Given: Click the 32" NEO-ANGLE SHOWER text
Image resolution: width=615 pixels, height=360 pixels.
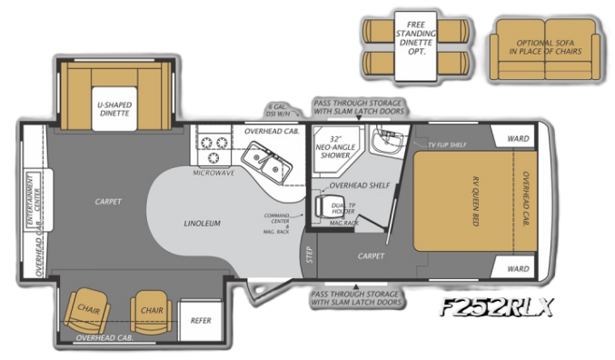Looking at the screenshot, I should (x=331, y=148).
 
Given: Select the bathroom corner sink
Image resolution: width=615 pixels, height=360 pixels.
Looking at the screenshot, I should (x=390, y=144).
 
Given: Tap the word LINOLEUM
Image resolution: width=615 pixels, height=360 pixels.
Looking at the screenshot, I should (x=201, y=223).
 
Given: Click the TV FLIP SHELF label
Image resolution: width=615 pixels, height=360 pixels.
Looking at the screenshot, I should (x=446, y=145).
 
